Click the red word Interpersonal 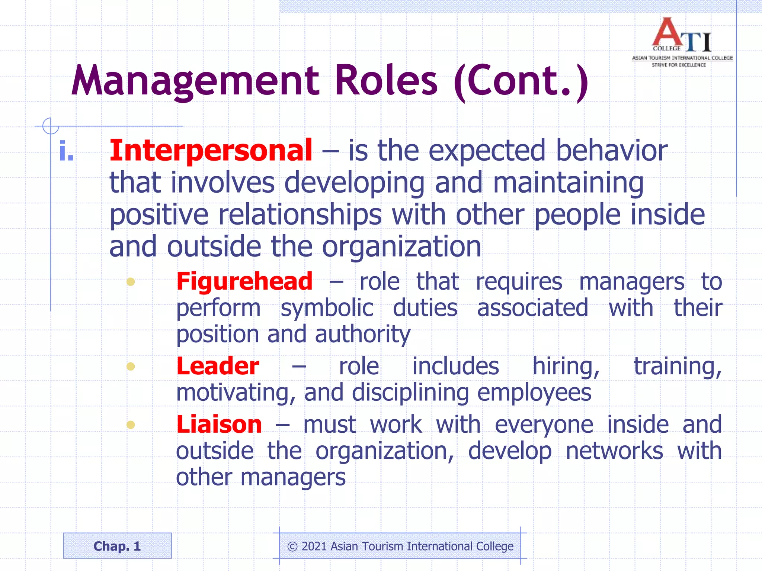pos(211,151)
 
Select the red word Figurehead pos(244,281)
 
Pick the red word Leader pos(218,366)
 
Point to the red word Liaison pos(219,425)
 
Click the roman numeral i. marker pos(66,151)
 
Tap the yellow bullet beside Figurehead pos(131,281)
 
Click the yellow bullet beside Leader pos(131,367)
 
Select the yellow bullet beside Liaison pos(131,425)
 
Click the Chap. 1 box pos(117,546)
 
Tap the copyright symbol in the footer pos(292,546)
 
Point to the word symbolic pos(327,308)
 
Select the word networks pos(614,451)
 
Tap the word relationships pos(300,215)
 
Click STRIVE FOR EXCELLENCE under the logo pos(679,65)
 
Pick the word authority pos(363,334)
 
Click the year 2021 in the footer pos(314,546)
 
